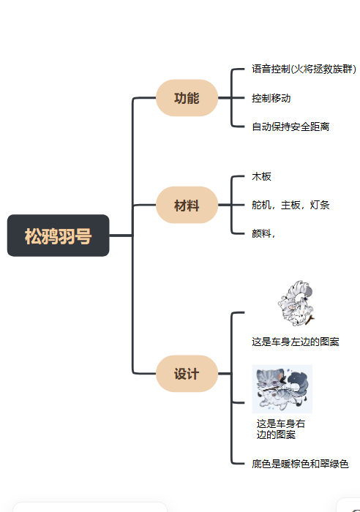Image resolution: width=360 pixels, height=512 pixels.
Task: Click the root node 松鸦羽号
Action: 59,236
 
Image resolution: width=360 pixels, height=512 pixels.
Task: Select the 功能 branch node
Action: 187,98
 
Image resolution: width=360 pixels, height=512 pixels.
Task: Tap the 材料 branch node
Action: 187,206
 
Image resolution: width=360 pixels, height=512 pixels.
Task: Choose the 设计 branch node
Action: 187,374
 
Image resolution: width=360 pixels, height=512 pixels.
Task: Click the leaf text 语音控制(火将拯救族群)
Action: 304,69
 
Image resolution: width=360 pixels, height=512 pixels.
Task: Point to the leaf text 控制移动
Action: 271,98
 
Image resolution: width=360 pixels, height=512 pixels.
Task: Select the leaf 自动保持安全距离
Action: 290,127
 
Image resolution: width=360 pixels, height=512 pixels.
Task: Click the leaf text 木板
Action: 262,177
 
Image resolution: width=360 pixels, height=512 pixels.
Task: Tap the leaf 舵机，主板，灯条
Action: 290,206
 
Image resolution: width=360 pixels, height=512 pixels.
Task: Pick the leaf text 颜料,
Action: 263,233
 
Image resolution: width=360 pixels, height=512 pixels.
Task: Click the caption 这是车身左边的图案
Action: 296,342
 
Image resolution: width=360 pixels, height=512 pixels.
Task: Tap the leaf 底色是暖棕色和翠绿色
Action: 300,464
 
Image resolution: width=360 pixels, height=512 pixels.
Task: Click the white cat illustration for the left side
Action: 296,303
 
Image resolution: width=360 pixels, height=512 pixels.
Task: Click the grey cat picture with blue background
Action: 282,389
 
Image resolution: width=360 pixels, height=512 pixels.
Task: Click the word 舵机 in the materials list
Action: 261,206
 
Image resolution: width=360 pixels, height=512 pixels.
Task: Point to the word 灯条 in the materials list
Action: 320,206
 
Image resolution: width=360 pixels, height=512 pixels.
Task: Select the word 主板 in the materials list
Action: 290,206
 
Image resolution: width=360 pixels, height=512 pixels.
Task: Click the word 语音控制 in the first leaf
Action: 271,69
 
